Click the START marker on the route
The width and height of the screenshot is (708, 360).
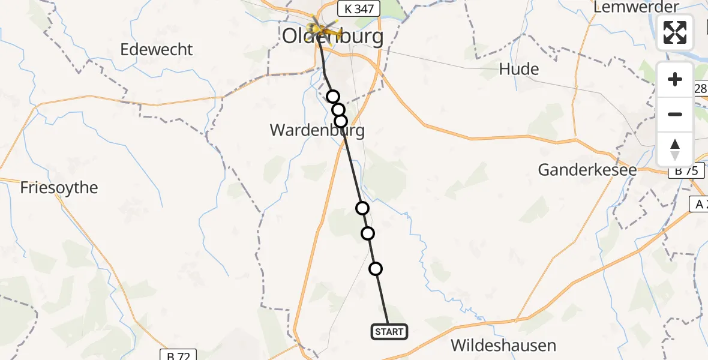coord(389,331)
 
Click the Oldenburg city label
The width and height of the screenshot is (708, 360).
coord(333,37)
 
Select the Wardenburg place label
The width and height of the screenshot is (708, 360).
coord(317,130)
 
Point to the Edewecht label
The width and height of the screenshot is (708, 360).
coord(157,49)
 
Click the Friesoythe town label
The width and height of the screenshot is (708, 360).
coord(59,188)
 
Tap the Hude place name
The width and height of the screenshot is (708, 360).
coord(519,69)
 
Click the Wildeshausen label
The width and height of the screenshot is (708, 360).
coord(503,346)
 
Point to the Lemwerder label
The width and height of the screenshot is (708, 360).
coord(635,7)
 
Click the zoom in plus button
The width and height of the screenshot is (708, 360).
coord(675,79)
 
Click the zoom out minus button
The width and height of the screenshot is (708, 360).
coord(675,114)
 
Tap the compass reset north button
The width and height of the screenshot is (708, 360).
coord(675,149)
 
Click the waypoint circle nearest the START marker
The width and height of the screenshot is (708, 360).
coord(376,269)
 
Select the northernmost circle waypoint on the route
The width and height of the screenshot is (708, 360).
coord(333,97)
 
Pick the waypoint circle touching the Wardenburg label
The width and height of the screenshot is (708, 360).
coord(341,121)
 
